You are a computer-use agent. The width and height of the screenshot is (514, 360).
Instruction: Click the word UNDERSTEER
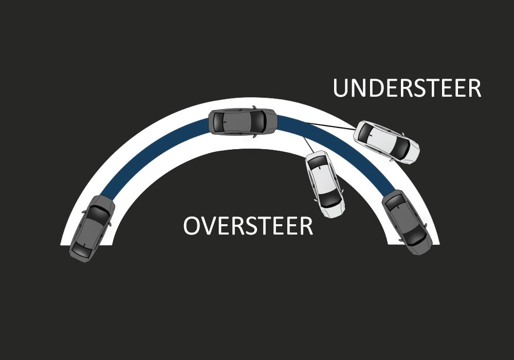407,88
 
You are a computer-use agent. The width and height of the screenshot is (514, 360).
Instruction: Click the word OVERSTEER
248,226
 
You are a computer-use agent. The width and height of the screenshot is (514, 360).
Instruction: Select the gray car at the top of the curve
243,122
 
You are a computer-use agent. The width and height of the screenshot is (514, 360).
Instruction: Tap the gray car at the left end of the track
92,228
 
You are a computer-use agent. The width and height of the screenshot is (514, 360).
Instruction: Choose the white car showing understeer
386,142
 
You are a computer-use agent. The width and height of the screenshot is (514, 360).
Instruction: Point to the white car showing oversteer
325,184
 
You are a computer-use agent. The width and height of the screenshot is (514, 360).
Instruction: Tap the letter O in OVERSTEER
193,226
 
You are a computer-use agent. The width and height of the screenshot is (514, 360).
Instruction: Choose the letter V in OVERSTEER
211,226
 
